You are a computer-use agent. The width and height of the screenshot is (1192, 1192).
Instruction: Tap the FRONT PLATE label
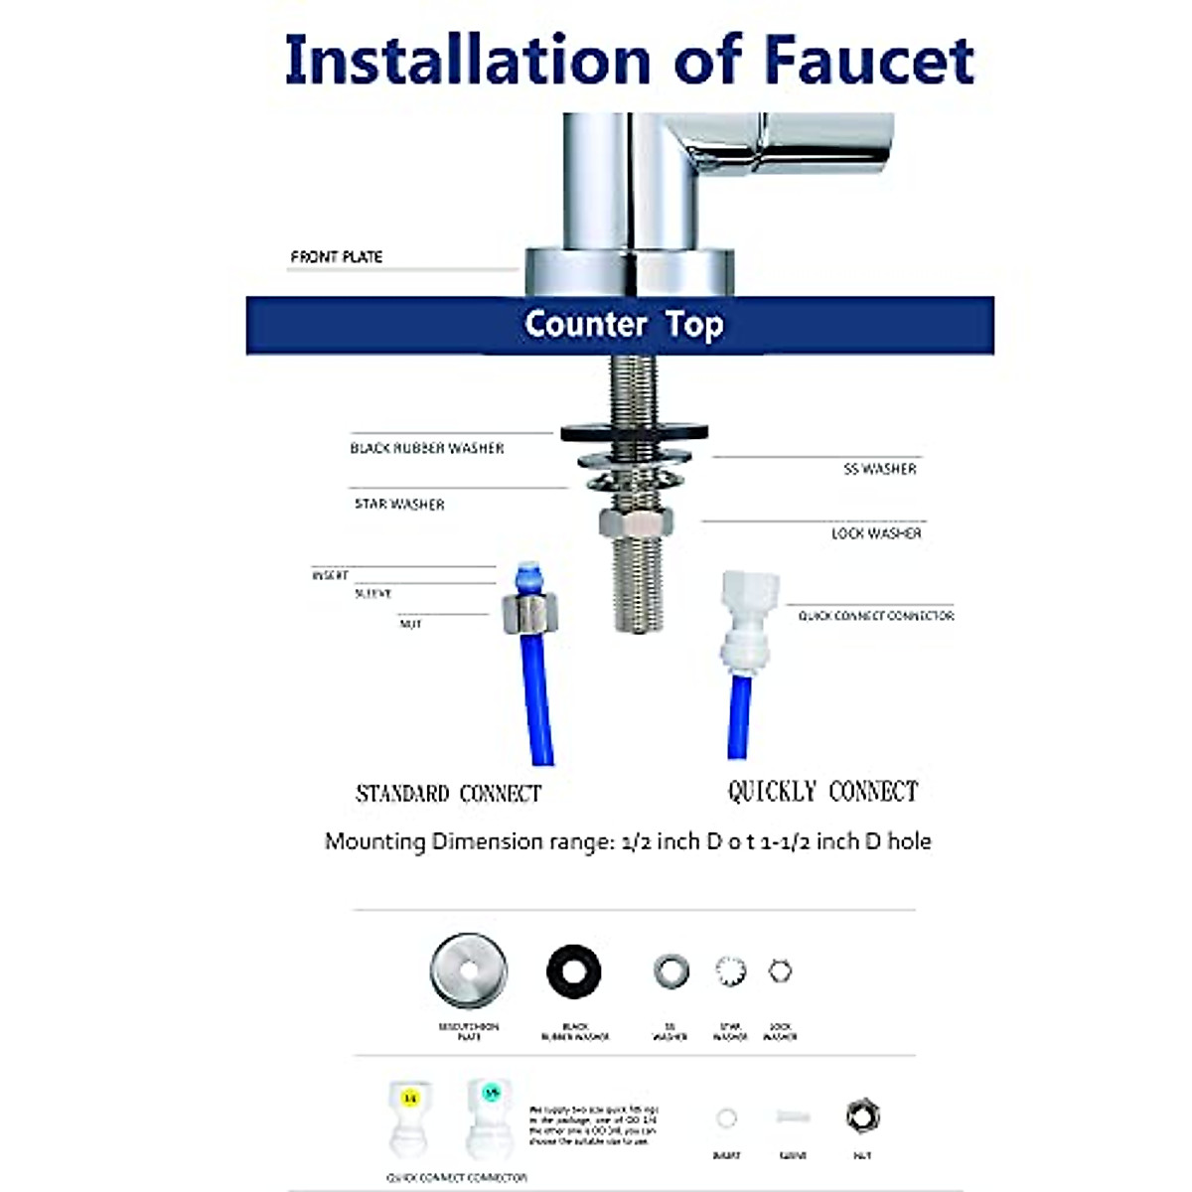click(336, 256)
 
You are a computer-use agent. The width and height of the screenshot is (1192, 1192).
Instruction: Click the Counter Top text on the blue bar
click(623, 324)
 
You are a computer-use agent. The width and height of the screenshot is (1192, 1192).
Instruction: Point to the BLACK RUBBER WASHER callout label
click(426, 448)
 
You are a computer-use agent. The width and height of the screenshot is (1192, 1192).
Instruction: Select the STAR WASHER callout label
click(399, 504)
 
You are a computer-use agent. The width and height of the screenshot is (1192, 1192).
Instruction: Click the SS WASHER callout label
click(879, 469)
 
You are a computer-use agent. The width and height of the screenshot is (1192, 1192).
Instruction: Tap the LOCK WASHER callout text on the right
click(875, 533)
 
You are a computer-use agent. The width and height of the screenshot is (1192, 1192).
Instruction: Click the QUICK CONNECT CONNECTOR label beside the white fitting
click(875, 616)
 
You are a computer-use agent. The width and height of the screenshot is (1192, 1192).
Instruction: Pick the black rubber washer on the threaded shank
click(635, 432)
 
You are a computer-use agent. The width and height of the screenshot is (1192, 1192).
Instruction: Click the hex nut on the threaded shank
click(637, 521)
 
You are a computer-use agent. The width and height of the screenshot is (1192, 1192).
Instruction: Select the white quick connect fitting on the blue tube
click(749, 621)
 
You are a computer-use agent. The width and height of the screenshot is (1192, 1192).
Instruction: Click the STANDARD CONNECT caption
click(448, 794)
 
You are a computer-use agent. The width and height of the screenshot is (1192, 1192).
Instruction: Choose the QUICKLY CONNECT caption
click(822, 792)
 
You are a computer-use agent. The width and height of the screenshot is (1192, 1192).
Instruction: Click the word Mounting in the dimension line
click(374, 841)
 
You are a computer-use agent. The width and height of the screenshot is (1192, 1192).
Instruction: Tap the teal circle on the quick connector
click(490, 1094)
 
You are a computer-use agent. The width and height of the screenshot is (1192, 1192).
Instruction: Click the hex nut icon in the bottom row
click(862, 1117)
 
